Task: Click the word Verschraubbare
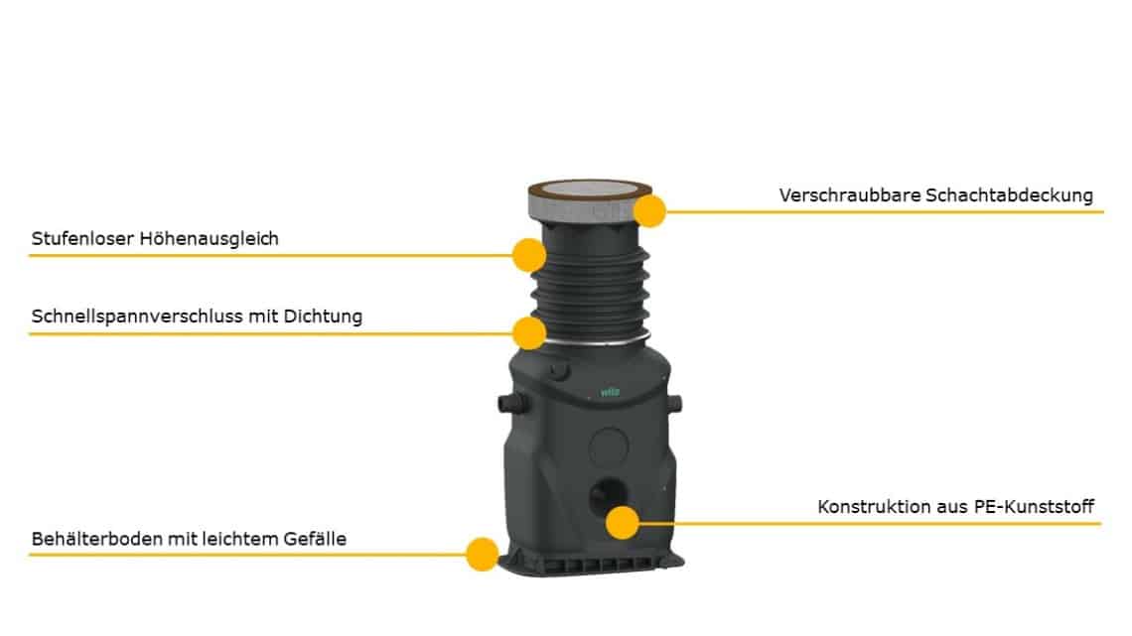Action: (850, 194)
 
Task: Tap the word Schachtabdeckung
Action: (1009, 195)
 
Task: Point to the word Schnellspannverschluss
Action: (137, 317)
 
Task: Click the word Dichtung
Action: (323, 316)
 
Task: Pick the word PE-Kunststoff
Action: (1035, 506)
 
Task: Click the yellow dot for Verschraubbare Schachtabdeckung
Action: (649, 210)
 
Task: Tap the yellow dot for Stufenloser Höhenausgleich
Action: (529, 255)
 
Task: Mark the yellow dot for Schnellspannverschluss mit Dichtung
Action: (529, 332)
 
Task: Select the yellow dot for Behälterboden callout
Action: (482, 554)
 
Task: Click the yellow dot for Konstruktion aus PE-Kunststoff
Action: (622, 522)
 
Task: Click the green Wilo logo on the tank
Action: (610, 392)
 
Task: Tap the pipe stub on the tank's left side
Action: (512, 403)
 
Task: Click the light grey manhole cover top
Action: (590, 190)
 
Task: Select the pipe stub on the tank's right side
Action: (674, 403)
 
